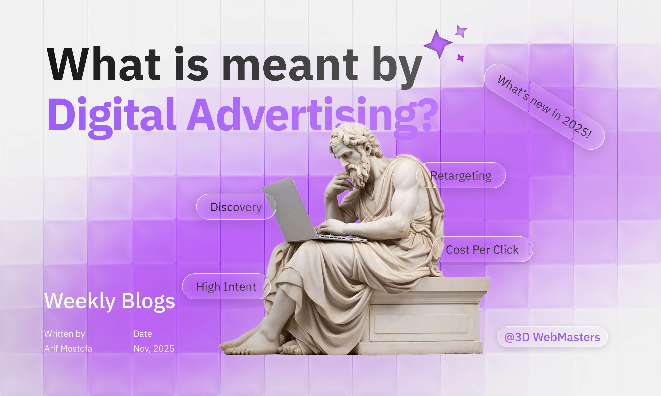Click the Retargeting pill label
click(461, 176)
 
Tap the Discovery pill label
click(236, 207)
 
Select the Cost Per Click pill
click(482, 249)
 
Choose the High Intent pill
click(226, 287)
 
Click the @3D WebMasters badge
click(552, 337)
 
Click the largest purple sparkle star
click(438, 44)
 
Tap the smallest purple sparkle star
click(460, 58)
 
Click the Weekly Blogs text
click(109, 301)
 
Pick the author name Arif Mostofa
click(68, 349)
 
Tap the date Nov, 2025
click(154, 349)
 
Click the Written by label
click(65, 334)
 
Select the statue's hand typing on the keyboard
click(331, 227)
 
